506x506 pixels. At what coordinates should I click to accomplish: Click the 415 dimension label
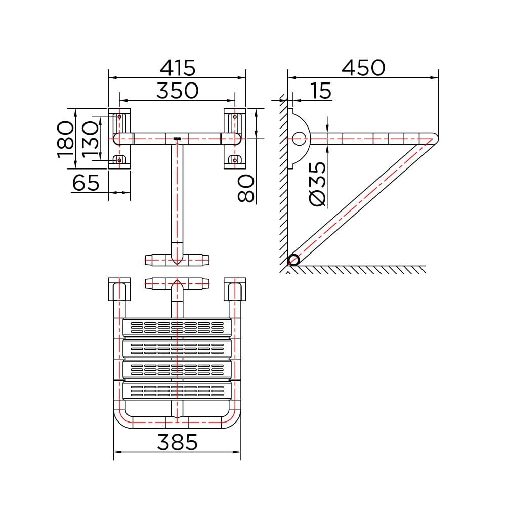(178, 68)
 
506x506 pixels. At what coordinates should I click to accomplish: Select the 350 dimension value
(178, 91)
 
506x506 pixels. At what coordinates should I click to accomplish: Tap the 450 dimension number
(363, 68)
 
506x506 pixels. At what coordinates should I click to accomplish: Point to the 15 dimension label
(320, 91)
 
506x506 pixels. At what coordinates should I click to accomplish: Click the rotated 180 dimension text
(65, 139)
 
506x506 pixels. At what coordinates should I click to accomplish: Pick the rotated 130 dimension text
(90, 139)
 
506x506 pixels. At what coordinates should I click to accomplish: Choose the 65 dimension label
(86, 183)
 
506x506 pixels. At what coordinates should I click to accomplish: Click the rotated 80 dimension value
(246, 188)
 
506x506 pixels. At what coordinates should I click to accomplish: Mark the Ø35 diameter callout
(318, 184)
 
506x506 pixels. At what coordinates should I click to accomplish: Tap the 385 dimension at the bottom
(177, 442)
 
